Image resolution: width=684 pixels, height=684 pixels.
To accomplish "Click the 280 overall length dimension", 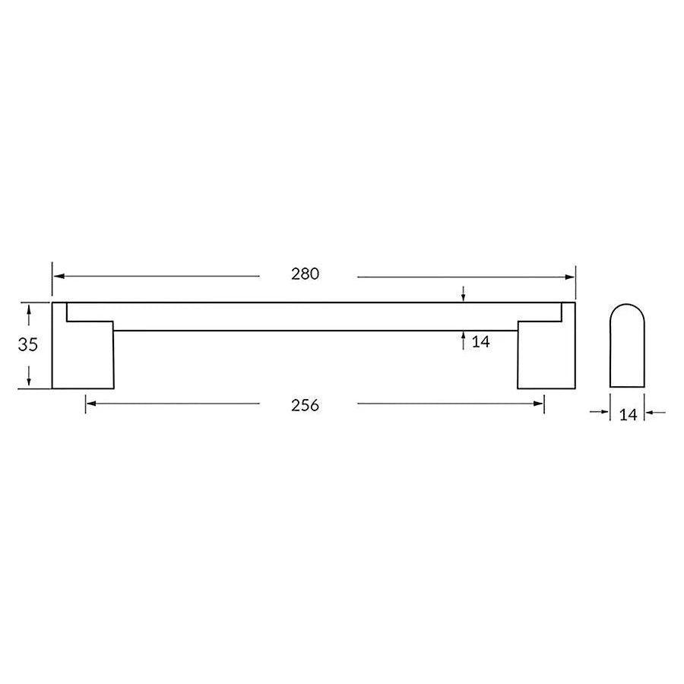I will point(305,275).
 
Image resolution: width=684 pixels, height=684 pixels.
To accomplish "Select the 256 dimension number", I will point(305,405).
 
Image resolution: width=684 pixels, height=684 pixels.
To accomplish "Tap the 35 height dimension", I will point(28,344).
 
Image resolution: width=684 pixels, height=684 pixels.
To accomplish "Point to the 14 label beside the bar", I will point(480,342).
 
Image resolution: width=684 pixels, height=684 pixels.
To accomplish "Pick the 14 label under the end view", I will point(628,414).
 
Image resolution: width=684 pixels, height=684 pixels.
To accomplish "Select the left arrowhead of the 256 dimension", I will point(90,404).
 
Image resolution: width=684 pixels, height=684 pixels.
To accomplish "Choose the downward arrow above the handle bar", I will point(464,296).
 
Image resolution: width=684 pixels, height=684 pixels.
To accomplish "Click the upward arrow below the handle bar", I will point(464,337).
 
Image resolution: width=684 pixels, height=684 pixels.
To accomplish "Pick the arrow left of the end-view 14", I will point(605,413).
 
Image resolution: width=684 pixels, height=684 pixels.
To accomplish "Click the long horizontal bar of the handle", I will point(315,317).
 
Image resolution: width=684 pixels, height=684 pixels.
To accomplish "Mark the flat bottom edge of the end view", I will point(627,388).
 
